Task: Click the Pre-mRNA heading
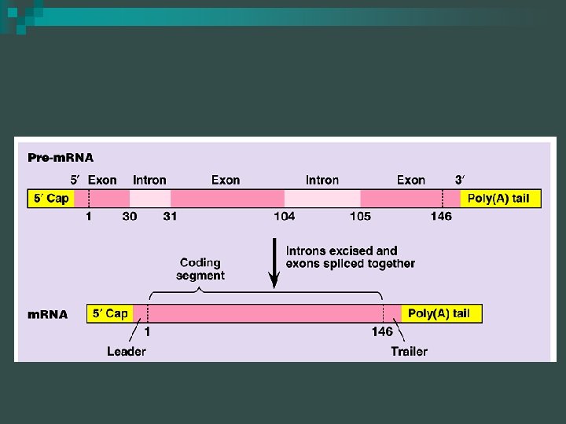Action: click(61, 158)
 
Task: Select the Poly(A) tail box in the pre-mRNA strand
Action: click(498, 199)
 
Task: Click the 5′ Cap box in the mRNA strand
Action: click(109, 313)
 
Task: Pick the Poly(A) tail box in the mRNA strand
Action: click(439, 313)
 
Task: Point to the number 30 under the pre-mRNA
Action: click(130, 216)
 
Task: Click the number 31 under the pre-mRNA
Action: click(170, 216)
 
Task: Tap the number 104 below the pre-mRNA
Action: click(284, 216)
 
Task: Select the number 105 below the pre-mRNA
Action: click(360, 216)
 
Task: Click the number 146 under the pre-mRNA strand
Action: click(441, 216)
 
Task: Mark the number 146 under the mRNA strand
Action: click(382, 331)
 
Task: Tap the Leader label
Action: click(126, 351)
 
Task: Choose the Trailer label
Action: click(409, 351)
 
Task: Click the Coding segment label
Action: click(200, 269)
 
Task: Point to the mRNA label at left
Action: click(48, 315)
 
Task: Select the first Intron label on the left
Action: click(149, 180)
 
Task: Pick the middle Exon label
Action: click(226, 180)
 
